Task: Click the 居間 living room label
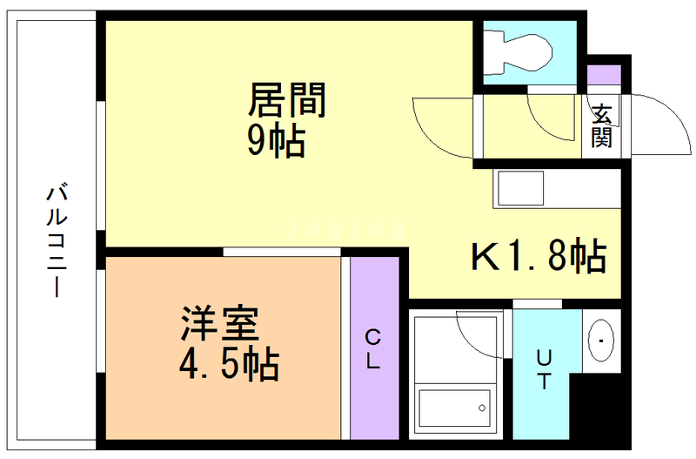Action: click(287, 99)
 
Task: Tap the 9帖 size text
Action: click(276, 140)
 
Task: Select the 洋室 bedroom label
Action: click(220, 323)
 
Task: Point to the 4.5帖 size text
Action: click(229, 364)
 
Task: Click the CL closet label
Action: click(373, 349)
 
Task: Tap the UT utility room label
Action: click(545, 369)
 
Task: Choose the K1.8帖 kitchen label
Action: click(539, 255)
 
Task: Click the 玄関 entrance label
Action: click(601, 125)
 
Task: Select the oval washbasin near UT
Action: click(601, 341)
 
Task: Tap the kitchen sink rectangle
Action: click(520, 188)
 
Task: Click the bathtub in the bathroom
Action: click(455, 408)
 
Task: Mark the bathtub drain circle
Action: click(482, 408)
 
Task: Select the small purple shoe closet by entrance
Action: click(604, 75)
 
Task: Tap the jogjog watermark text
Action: click(347, 229)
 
